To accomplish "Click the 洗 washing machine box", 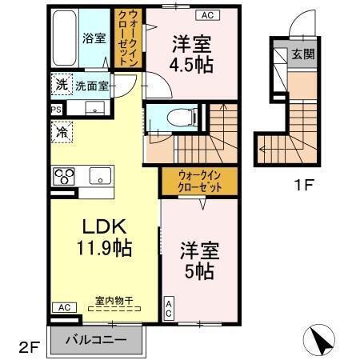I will tap(62, 84).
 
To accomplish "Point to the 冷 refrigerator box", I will tap(61, 133).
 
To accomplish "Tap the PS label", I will tap(55, 110).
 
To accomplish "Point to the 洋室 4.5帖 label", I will tap(192, 54).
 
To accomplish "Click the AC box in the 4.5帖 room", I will tap(206, 14).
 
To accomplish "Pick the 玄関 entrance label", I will tap(302, 55).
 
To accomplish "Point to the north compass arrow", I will tap(322, 340).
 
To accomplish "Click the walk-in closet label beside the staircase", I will tap(200, 181).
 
